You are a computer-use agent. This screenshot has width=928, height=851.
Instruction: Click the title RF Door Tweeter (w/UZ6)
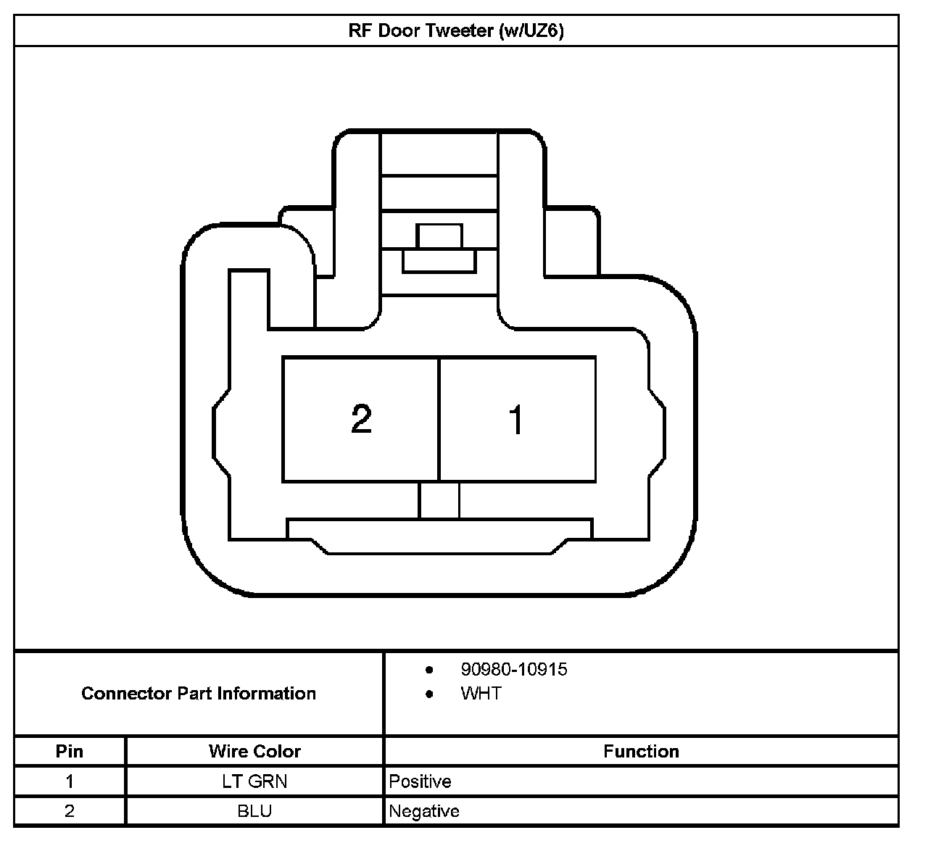coord(456,31)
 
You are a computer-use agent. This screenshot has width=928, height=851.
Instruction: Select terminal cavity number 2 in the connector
coord(360,419)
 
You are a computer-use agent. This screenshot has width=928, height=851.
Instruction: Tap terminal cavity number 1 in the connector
coord(517,419)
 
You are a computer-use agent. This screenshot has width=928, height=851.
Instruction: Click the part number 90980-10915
coord(513,669)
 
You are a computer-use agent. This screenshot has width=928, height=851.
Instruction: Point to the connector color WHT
coord(481,694)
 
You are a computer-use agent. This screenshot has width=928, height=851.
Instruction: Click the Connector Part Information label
coord(199,694)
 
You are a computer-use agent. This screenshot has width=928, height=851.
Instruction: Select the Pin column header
coord(70,751)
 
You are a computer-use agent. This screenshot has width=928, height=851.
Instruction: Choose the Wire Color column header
coord(254,751)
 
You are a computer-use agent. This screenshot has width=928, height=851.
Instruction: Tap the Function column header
coord(641,751)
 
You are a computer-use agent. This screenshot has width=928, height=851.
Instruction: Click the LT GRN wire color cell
coord(254,781)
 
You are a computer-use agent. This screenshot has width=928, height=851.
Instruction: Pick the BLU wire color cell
coord(254,810)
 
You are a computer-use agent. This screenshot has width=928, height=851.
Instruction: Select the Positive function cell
coord(420,781)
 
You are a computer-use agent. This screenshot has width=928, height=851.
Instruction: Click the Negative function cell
coord(424,810)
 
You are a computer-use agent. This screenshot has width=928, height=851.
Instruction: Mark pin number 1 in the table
coord(70,781)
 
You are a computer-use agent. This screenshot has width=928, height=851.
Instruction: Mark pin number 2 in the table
coord(70,810)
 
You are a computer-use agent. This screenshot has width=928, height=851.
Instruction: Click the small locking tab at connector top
coord(439,236)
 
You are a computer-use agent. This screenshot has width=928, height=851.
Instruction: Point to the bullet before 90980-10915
coord(429,669)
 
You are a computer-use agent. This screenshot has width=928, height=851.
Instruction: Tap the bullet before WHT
coord(429,694)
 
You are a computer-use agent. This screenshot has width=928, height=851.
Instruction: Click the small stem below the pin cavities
coord(439,500)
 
